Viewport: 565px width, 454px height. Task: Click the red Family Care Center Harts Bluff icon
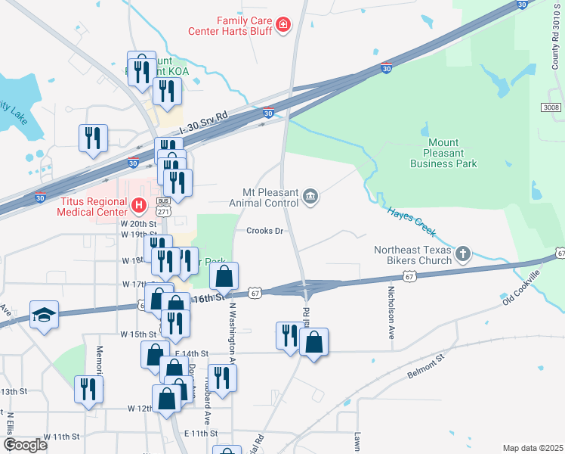(283, 26)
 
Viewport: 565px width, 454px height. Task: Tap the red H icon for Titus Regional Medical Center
(138, 204)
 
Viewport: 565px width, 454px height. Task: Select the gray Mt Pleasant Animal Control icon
(310, 197)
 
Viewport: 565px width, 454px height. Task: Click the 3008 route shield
(551, 108)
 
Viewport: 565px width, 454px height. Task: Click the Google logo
(25, 445)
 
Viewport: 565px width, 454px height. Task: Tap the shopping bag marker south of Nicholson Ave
(313, 341)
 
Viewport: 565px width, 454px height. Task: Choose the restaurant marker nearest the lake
(93, 138)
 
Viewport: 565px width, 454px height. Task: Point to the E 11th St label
(201, 433)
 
